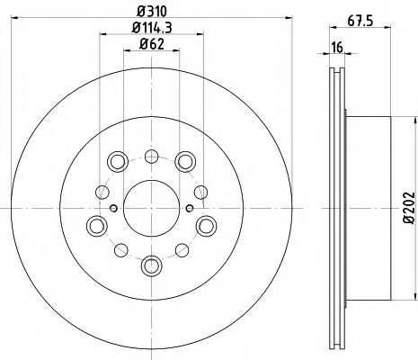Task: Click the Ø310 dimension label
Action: point(150,13)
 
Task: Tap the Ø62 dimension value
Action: point(150,54)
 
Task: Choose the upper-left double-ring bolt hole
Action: point(117,161)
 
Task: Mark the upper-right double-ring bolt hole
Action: point(184,161)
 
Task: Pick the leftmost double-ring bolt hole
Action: point(94,225)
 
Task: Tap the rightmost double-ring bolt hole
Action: point(206,225)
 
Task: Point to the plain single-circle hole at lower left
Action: point(114,247)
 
